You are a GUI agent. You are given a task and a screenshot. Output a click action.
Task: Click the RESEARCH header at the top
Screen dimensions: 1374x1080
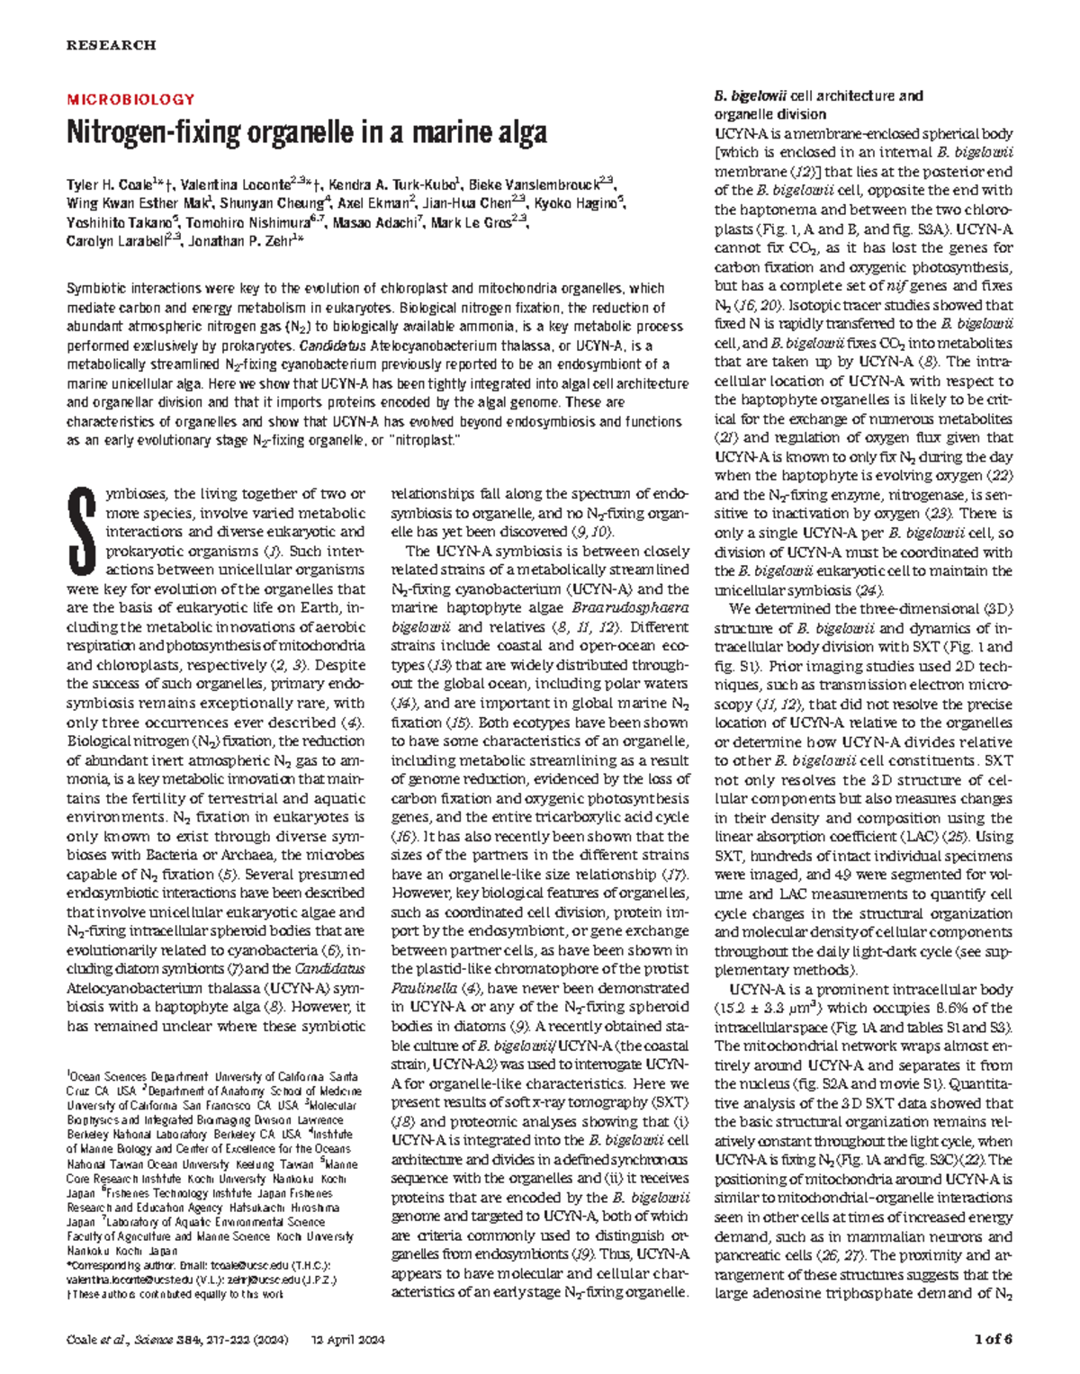point(112,45)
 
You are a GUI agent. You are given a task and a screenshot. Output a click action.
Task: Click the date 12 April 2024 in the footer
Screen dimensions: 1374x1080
point(347,1340)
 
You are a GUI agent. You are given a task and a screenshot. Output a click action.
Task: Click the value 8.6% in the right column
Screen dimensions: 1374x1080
point(910,1008)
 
